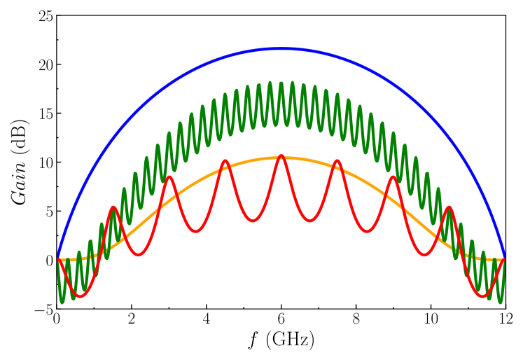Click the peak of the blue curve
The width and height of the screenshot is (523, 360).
[x=281, y=48]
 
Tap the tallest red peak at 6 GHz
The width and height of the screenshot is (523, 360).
[x=281, y=155]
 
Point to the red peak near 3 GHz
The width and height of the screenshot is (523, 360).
[x=169, y=176]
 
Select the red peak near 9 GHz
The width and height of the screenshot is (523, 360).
[x=393, y=176]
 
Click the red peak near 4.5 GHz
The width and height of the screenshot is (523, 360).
[x=225, y=161]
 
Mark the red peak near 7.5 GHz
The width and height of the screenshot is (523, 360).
[x=337, y=161]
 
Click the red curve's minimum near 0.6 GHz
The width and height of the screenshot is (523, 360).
[x=79, y=296]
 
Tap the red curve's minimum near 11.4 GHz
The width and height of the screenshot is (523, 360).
[x=483, y=296]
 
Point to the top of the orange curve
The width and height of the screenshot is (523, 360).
[x=281, y=158]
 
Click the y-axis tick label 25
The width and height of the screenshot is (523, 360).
[x=44, y=15]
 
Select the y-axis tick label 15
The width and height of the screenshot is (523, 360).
[x=44, y=113]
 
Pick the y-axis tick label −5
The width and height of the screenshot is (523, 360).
[x=41, y=310]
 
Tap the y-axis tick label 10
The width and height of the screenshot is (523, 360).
[x=44, y=162]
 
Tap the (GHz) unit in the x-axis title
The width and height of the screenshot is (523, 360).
[x=291, y=342]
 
